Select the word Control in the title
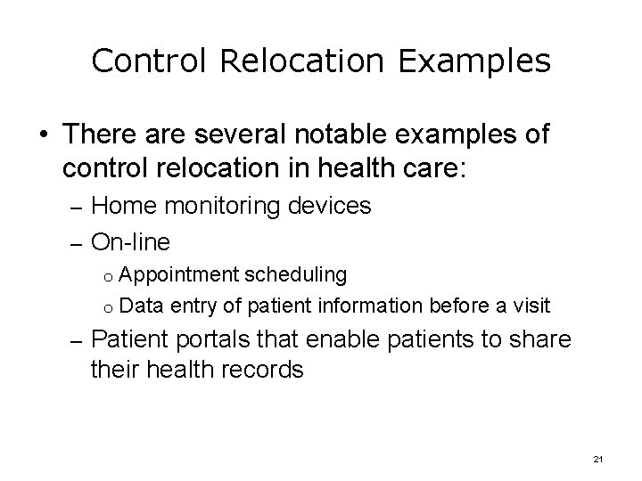141,61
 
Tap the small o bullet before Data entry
105,307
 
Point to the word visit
531,306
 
